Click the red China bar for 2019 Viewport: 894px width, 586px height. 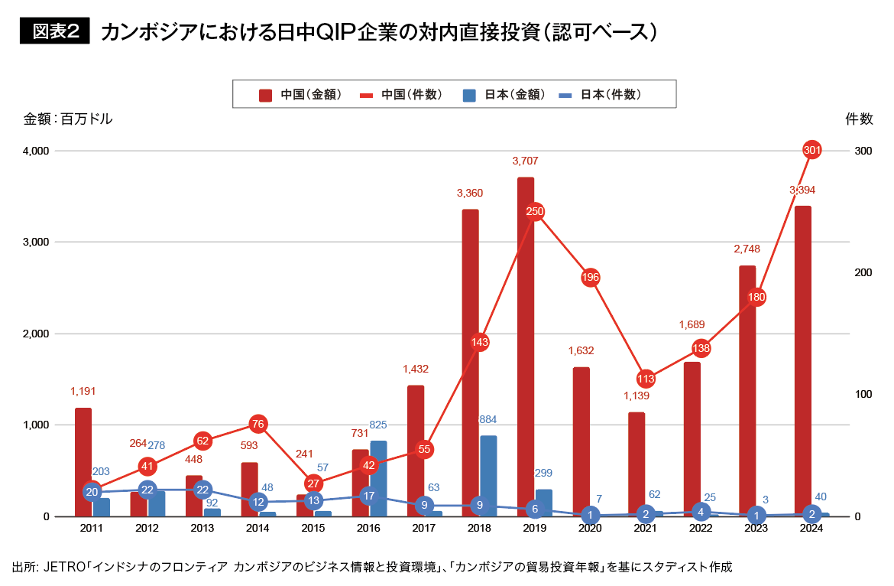click(x=526, y=347)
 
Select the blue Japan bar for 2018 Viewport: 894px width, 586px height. click(x=488, y=476)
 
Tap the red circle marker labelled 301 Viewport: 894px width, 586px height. click(x=812, y=151)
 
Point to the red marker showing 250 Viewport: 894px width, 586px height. click(x=535, y=211)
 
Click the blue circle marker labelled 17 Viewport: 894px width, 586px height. click(x=369, y=496)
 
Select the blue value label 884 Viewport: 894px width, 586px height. click(x=488, y=419)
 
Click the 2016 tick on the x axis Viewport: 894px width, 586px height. click(x=369, y=529)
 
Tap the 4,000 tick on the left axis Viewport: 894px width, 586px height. click(x=34, y=151)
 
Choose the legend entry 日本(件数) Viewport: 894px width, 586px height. click(x=599, y=95)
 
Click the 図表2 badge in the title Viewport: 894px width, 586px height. click(x=54, y=31)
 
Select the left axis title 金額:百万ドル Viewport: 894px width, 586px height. click(x=68, y=119)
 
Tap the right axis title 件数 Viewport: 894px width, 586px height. click(x=860, y=119)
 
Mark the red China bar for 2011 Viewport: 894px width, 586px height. click(x=83, y=462)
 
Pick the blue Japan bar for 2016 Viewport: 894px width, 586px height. click(x=378, y=478)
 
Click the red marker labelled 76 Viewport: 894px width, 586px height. click(x=258, y=424)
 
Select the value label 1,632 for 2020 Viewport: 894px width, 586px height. click(x=581, y=351)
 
